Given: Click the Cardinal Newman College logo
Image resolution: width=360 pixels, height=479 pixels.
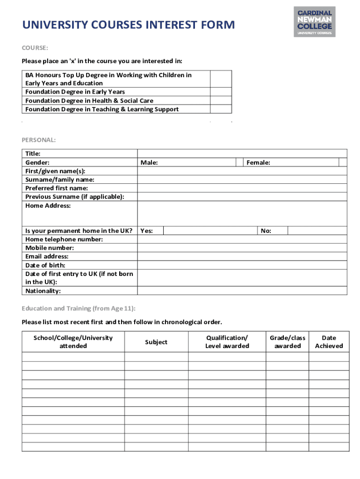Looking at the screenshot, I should [314, 22].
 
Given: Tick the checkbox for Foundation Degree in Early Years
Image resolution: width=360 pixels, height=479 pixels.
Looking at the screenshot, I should [221, 92].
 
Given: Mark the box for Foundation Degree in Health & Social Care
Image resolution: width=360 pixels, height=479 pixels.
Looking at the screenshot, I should [221, 101].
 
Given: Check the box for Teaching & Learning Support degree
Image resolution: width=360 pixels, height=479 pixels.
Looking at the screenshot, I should [221, 109].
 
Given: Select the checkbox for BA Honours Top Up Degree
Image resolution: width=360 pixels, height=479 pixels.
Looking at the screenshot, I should [221, 79].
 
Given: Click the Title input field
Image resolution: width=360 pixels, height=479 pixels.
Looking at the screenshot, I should [242, 153].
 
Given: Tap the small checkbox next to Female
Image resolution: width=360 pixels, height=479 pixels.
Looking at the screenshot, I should [343, 162].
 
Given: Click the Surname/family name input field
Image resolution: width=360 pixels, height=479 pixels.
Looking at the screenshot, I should [242, 180].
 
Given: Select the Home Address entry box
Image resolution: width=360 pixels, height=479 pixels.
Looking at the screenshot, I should [242, 214].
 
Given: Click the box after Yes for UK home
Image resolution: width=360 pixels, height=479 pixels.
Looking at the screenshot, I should [210, 231].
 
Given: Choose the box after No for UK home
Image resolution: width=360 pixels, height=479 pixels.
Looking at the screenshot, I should [317, 231].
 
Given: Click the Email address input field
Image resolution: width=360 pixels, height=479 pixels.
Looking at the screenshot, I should [242, 256].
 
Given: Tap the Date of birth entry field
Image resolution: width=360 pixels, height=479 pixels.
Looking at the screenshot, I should [242, 265].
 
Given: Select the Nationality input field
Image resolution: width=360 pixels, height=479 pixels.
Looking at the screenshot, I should [242, 291].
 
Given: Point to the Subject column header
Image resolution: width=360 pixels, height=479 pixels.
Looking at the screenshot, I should [156, 342].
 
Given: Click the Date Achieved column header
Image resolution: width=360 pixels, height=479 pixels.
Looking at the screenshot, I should [329, 342].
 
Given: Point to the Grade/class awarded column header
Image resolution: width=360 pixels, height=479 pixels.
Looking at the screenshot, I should [288, 342].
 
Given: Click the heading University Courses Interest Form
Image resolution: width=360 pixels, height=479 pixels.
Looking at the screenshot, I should [129, 25].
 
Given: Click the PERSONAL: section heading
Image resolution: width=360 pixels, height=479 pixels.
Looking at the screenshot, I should [39, 139].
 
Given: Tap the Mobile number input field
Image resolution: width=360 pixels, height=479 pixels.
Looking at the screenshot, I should [242, 248].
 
